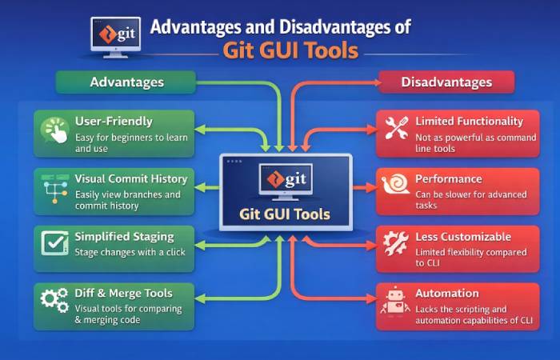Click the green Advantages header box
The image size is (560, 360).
(x=126, y=82)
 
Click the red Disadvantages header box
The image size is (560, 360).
(x=446, y=82)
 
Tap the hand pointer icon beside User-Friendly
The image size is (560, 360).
(x=55, y=132)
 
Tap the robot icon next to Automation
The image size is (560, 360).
(x=394, y=303)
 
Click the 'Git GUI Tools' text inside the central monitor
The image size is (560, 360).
(x=284, y=214)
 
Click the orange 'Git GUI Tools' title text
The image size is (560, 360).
(x=290, y=50)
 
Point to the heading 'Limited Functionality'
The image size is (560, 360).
(x=469, y=122)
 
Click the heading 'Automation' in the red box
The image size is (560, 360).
(x=446, y=293)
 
